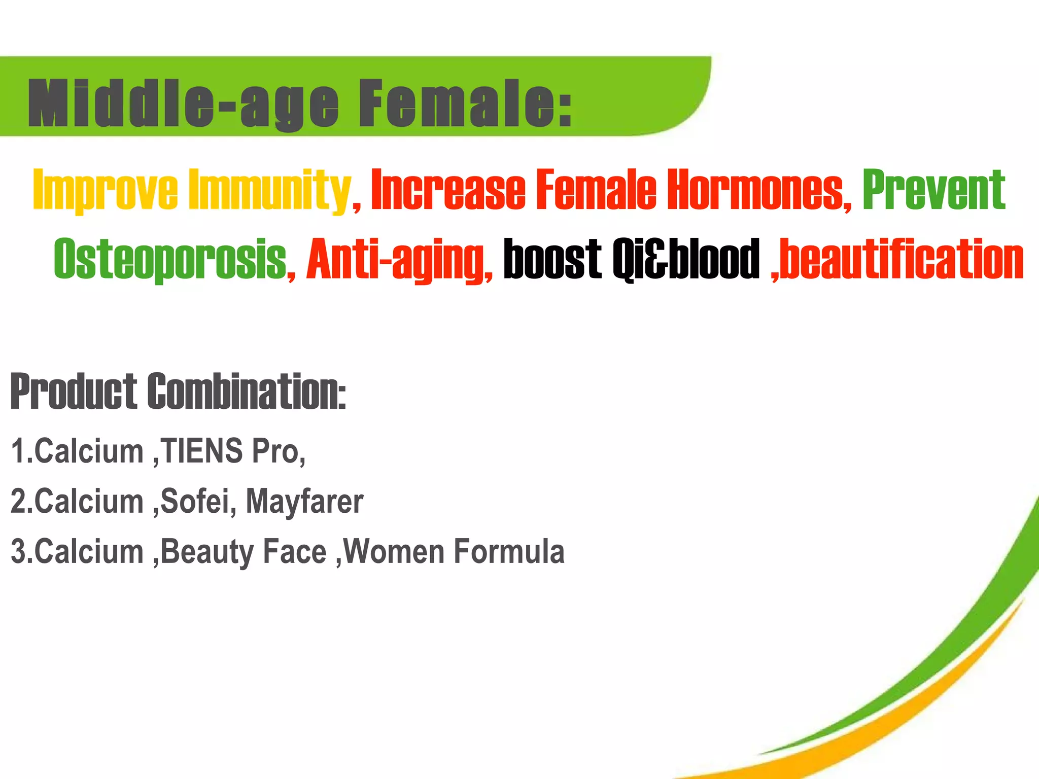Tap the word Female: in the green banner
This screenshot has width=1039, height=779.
465,103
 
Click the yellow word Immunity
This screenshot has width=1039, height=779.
269,190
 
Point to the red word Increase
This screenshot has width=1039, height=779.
448,190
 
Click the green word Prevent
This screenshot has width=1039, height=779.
934,190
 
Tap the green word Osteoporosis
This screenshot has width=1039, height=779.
170,259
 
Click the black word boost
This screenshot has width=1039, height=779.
552,259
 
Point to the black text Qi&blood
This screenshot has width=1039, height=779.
686,259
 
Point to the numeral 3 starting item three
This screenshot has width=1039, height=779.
18,551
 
